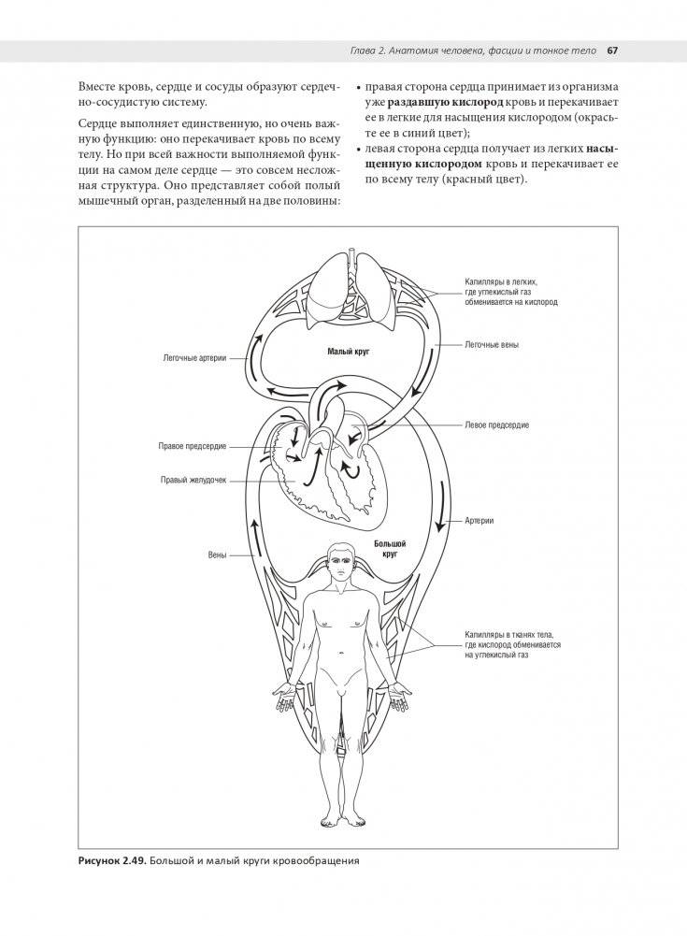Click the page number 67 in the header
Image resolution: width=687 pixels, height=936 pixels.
(x=614, y=50)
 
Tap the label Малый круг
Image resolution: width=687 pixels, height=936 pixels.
(x=350, y=352)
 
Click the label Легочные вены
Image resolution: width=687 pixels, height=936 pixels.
(x=493, y=344)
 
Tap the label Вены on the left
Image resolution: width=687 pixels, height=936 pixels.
(x=217, y=555)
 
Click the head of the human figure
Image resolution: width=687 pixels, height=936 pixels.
(x=339, y=561)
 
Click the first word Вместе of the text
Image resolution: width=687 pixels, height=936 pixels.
(x=101, y=86)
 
